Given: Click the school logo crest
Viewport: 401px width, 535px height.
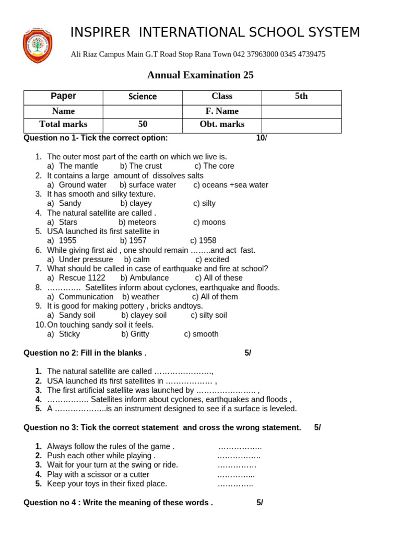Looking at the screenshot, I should point(37,46).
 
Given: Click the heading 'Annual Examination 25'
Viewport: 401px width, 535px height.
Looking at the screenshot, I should point(200,75).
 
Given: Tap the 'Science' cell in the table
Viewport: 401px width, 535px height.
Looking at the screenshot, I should point(143,97).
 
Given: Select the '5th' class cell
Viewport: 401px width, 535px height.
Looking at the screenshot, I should point(301,97).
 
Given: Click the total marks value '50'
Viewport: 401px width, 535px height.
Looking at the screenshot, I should point(143,124).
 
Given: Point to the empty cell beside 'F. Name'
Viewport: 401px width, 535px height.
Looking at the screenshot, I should point(301,111).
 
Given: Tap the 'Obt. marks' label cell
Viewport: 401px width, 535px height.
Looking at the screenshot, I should point(222,124).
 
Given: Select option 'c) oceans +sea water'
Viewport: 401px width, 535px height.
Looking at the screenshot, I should point(230,185).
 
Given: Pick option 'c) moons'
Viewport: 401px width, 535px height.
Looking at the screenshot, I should point(209,222).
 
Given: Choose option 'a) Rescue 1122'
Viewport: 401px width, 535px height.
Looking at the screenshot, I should point(76,278).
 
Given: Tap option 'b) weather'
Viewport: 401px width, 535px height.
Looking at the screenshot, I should point(140,297).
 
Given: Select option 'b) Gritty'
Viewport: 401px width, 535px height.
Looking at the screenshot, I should point(135,334).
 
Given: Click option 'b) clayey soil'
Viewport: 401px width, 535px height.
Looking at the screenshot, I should point(144,316).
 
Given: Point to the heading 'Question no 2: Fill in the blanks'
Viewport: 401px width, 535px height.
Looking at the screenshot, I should point(85,353).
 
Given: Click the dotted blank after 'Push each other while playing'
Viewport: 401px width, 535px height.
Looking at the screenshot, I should point(239,456).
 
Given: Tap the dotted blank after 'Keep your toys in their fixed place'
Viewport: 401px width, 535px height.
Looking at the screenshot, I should point(235,484).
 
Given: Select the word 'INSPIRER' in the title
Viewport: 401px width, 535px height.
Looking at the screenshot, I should point(100,32).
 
